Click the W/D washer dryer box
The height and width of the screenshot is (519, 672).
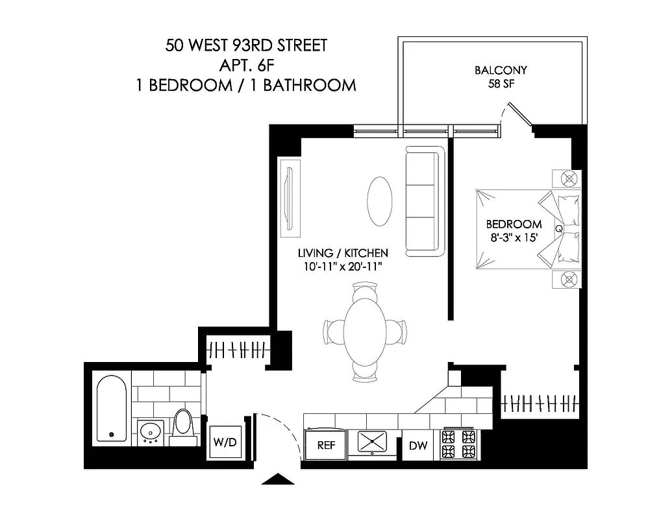(225, 444)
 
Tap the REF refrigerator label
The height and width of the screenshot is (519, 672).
(326, 446)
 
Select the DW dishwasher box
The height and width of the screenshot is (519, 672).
(418, 446)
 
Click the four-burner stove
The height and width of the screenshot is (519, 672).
(458, 444)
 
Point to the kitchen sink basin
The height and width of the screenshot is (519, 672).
(372, 442)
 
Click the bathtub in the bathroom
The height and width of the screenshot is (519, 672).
(112, 410)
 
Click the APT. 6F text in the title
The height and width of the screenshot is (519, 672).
(246, 65)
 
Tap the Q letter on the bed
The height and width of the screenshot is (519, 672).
(558, 228)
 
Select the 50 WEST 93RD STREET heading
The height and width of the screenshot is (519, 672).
(246, 45)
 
